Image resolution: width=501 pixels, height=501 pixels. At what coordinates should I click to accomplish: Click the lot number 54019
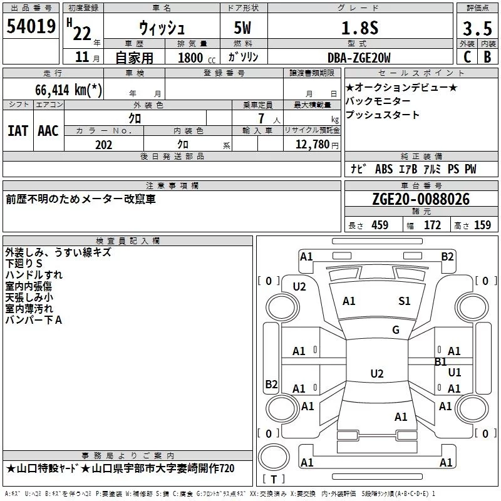click(31, 28)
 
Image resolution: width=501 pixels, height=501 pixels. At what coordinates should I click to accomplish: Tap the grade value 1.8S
click(358, 28)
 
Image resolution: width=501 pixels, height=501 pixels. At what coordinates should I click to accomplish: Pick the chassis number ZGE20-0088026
click(420, 199)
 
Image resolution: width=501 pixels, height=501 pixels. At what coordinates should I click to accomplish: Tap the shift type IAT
click(18, 130)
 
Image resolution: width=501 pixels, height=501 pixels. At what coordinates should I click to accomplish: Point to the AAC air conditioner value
click(48, 130)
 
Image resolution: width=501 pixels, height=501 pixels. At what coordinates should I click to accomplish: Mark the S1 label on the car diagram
click(405, 301)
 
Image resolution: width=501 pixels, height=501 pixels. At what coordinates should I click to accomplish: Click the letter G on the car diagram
click(396, 330)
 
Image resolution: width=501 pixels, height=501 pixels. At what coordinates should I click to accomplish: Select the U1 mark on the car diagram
click(455, 372)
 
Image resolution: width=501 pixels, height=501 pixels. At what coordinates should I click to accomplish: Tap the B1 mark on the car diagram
click(441, 362)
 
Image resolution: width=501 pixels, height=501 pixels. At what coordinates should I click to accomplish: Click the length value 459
click(380, 225)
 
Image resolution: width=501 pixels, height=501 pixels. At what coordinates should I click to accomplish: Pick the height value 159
click(482, 225)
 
